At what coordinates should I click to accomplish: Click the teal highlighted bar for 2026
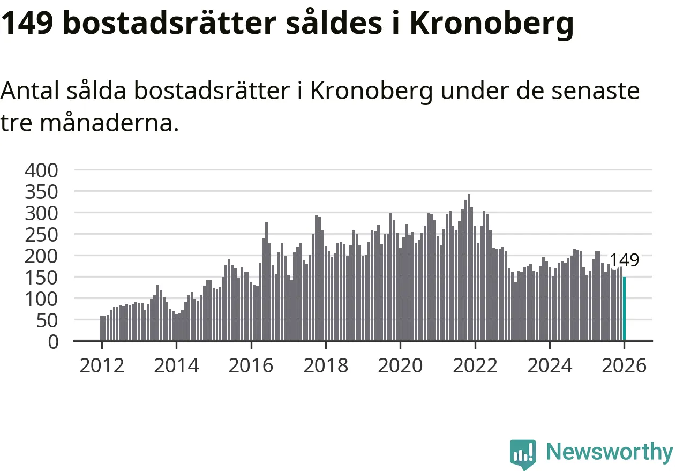(x=624, y=309)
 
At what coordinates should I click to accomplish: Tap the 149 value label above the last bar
(x=624, y=260)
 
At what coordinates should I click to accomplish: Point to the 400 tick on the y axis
(x=41, y=170)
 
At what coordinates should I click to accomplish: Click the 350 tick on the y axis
(x=41, y=191)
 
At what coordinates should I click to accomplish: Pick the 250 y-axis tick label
(x=41, y=234)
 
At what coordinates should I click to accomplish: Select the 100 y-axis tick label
(x=41, y=298)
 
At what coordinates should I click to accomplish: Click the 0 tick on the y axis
(x=52, y=341)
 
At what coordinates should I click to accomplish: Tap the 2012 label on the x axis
(x=101, y=366)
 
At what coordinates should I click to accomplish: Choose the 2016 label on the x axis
(x=251, y=366)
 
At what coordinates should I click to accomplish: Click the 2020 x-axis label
(x=400, y=366)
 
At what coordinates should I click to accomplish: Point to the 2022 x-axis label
(x=475, y=366)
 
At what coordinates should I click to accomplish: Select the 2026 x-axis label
(x=624, y=366)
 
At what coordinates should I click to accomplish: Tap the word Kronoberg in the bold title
(x=492, y=24)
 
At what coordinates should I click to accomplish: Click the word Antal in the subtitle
(x=30, y=91)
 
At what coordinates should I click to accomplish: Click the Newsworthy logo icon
(x=522, y=454)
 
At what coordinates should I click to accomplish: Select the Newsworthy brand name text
(x=609, y=452)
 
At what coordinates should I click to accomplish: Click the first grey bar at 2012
(x=101, y=328)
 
